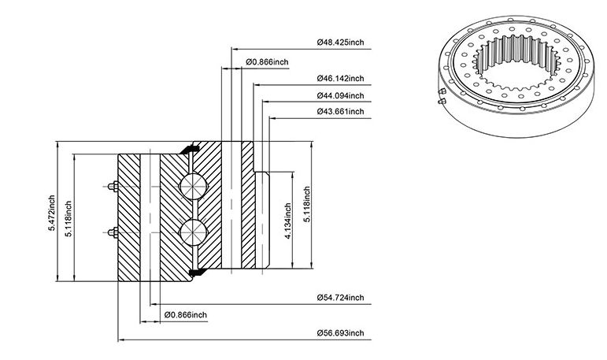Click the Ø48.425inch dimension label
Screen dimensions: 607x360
tap(340, 42)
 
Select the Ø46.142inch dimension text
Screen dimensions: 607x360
tap(340, 78)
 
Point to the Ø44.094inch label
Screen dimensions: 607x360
tap(340, 95)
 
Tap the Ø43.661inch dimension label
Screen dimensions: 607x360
tap(340, 112)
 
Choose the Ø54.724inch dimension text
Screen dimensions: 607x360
tap(340, 298)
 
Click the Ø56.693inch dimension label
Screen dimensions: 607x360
tap(340, 333)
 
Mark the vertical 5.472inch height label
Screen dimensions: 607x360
tap(51, 213)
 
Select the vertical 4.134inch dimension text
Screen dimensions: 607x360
tap(287, 221)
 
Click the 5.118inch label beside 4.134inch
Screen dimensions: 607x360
tap(307, 204)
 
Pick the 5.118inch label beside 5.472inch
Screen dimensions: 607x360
tap(68, 219)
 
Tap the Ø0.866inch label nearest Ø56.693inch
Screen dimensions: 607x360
tap(186, 314)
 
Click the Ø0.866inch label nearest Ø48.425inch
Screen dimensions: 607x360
tap(267, 62)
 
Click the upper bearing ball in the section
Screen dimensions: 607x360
tap(193, 187)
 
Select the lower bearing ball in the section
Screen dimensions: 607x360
tap(193, 232)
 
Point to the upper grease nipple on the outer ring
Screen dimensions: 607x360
tap(113, 187)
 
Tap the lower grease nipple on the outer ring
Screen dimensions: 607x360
tap(113, 232)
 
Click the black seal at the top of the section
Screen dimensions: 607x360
tap(190, 149)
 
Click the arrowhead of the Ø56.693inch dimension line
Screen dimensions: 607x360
tap(120, 340)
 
